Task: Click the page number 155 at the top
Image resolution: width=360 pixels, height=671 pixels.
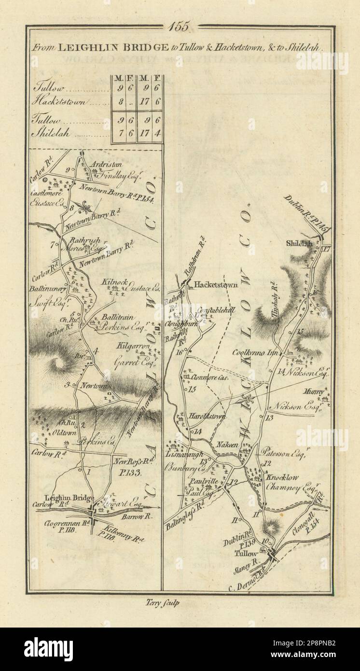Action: click(180, 26)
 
